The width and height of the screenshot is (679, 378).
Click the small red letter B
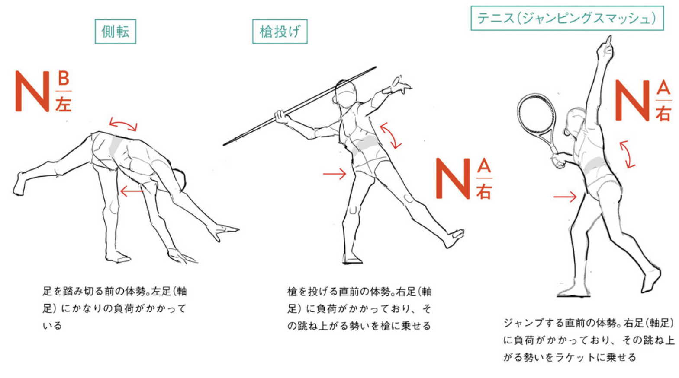(64, 78)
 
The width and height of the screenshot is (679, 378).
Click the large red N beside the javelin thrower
(453, 178)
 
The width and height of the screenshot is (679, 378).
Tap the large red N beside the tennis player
(632, 101)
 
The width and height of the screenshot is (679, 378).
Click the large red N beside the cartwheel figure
(32, 91)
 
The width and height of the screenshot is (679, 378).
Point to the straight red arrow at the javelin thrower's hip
(335, 174)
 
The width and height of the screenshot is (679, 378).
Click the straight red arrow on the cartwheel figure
(132, 191)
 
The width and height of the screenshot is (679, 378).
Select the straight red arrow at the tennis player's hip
(565, 197)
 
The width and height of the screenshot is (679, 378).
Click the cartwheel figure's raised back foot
(20, 184)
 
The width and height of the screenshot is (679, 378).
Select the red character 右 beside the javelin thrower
(484, 191)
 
